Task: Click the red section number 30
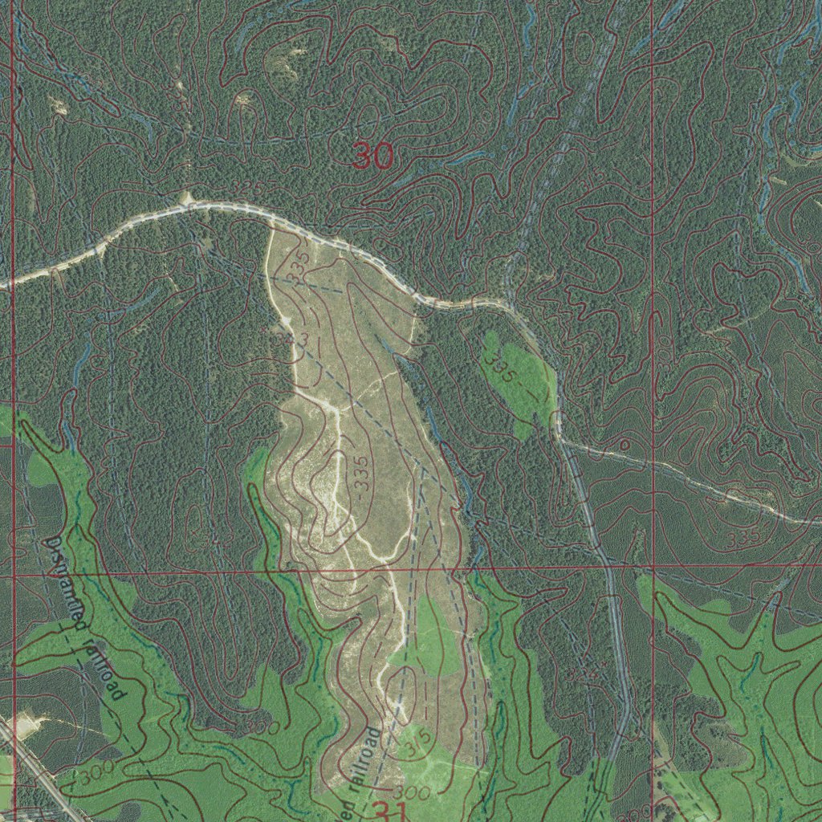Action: tap(373, 156)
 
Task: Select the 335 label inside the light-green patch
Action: tap(501, 366)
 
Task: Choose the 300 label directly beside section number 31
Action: tap(414, 794)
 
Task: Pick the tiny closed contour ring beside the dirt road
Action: tap(624, 444)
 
